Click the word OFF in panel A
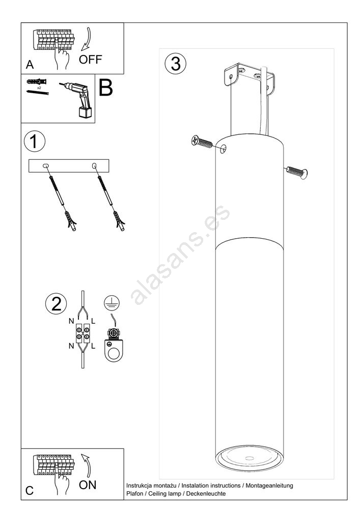pyautogui.click(x=90, y=60)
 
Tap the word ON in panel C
pyautogui.click(x=88, y=485)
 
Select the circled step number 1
pyautogui.click(x=35, y=142)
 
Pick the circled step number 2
pyautogui.click(x=56, y=304)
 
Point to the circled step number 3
pyautogui.click(x=176, y=63)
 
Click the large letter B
pyautogui.click(x=105, y=88)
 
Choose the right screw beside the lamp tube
pyautogui.click(x=297, y=172)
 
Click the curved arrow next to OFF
pyautogui.click(x=86, y=39)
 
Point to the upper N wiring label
pyautogui.click(x=71, y=321)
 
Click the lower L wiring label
pyautogui.click(x=93, y=346)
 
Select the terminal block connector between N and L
pyautogui.click(x=83, y=333)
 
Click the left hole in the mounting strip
pyautogui.click(x=46, y=166)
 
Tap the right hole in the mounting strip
pyautogui.click(x=95, y=166)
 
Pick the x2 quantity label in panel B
pyautogui.click(x=39, y=88)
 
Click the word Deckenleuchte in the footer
pyautogui.click(x=206, y=494)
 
